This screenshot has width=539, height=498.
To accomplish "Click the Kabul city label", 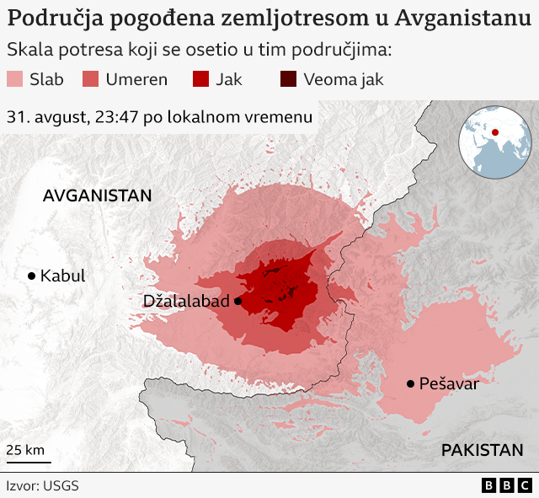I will (62, 276).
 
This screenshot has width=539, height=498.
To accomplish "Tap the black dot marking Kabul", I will (31, 276).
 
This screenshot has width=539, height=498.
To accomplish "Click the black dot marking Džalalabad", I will (238, 301).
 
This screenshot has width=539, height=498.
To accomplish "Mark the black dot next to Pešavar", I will (410, 383).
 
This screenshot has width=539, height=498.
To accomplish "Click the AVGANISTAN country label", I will (97, 195).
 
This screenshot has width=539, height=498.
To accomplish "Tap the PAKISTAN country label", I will (482, 450).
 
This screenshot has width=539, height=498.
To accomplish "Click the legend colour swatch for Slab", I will (14, 80).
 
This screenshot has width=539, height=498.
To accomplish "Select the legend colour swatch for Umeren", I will (90, 80).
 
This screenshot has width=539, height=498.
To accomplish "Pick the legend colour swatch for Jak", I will (200, 80).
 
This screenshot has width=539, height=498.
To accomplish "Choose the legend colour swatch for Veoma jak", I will (288, 80).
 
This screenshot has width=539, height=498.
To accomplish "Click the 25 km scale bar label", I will (25, 450).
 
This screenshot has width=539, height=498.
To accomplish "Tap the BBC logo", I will (507, 485).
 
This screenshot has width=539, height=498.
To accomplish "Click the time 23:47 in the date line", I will (117, 117).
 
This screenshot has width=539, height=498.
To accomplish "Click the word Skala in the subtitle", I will (26, 50).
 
